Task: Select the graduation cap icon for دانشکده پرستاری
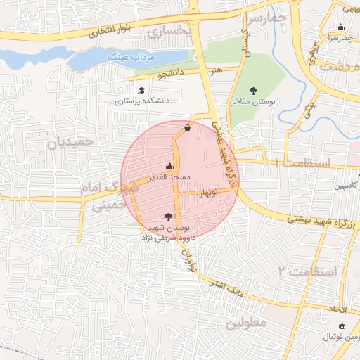click(141, 90)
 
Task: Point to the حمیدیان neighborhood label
click(70, 143)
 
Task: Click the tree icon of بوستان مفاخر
click(253, 90)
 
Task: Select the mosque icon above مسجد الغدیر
click(169, 167)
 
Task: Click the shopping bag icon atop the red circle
click(186, 127)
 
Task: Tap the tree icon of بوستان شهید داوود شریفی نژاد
click(167, 217)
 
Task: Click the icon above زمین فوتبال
click(342, 325)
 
